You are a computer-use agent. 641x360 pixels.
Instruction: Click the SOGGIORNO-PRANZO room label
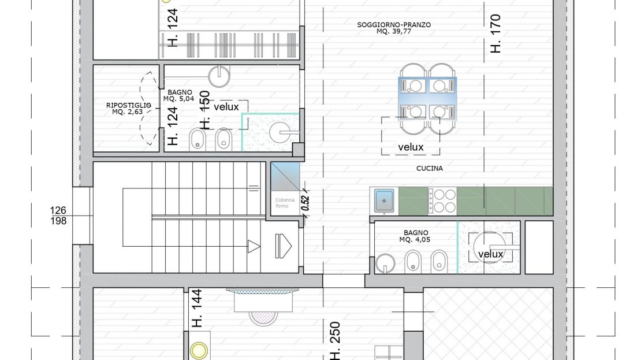(394, 24)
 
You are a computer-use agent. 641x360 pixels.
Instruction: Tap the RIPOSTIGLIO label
(128, 106)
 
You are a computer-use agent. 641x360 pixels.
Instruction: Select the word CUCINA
(429, 168)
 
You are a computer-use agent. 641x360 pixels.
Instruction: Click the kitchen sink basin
(384, 201)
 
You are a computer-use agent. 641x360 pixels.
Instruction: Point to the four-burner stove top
(442, 201)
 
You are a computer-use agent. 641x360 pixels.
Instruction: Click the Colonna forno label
(285, 203)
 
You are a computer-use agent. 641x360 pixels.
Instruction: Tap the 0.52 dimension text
(305, 203)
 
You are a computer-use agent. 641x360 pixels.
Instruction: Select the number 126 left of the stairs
(58, 211)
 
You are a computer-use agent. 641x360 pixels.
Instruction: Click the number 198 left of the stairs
(58, 221)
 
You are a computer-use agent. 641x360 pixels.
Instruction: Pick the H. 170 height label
(495, 34)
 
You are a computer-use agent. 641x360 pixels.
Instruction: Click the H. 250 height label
(334, 341)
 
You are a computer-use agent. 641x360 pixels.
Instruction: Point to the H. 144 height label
(197, 309)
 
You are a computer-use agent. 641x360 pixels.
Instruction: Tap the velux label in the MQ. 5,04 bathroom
(226, 107)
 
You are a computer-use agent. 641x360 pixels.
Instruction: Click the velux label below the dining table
(411, 147)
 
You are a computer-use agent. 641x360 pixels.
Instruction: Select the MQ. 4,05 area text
(415, 240)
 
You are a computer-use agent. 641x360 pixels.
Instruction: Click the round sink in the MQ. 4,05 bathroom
(385, 262)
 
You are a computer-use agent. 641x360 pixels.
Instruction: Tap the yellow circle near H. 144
(199, 351)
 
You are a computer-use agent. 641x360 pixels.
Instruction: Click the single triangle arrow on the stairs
(254, 246)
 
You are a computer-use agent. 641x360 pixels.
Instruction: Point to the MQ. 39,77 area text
(394, 31)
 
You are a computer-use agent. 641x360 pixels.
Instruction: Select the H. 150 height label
(205, 110)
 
